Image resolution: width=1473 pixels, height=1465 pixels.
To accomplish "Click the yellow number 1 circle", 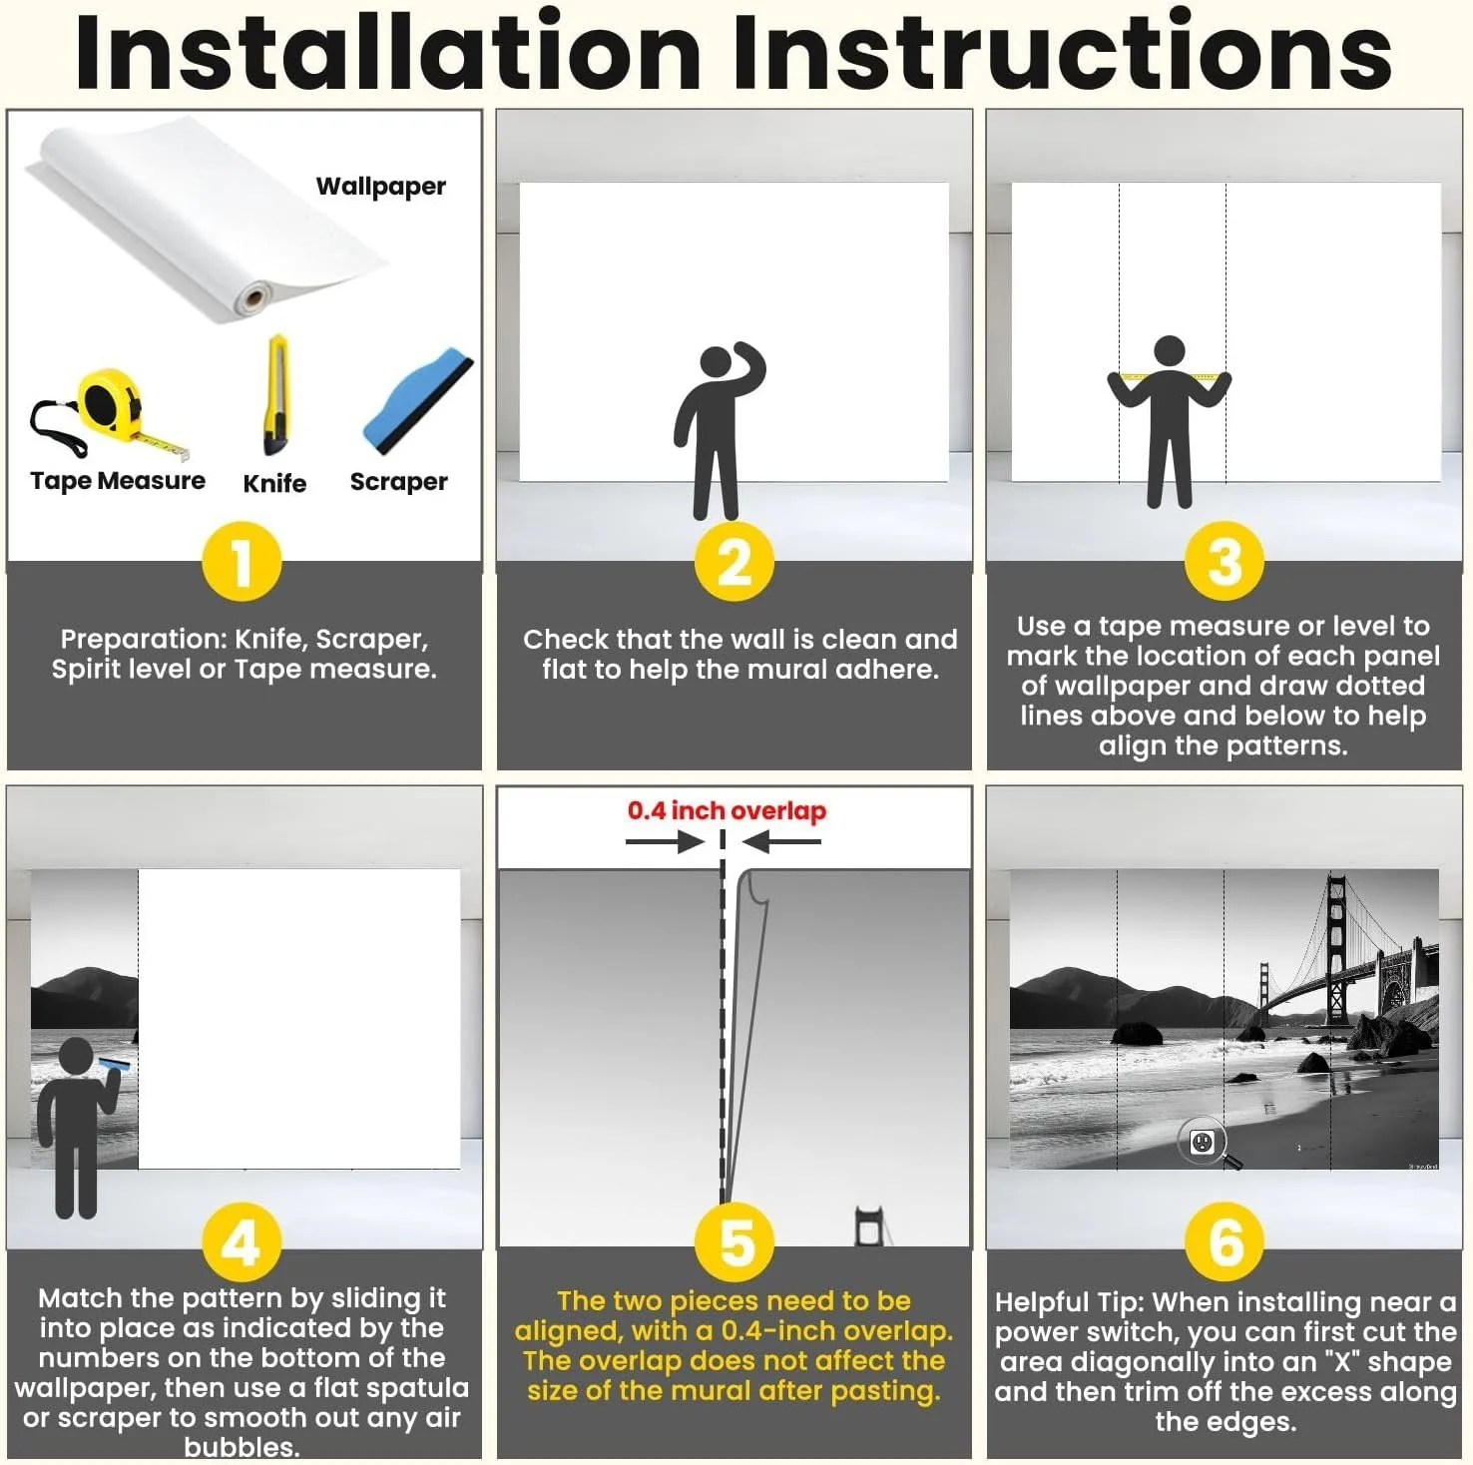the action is click(x=242, y=561).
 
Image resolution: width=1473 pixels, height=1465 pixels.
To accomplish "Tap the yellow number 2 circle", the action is click(x=735, y=561).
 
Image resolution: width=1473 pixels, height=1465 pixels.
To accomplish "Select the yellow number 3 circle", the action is click(x=1225, y=561).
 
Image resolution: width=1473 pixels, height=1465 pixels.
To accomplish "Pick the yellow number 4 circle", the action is click(x=242, y=1242).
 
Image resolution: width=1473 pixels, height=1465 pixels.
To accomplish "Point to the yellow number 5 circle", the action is click(x=736, y=1242).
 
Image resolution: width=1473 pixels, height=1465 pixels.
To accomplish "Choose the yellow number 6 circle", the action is click(x=1225, y=1242).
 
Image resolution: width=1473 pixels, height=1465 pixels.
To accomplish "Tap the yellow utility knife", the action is click(x=276, y=395).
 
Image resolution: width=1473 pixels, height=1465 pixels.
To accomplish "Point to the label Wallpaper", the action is click(x=381, y=187).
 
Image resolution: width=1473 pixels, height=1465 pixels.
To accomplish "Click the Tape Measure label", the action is click(x=118, y=481).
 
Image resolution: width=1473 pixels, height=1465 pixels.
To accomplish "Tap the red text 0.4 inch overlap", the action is click(x=727, y=810).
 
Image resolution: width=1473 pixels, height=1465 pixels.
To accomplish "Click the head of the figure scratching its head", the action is click(x=718, y=364).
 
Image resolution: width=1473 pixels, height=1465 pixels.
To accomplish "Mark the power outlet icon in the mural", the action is click(x=1203, y=1141).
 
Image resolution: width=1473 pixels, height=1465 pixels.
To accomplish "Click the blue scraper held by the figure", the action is click(x=114, y=1065).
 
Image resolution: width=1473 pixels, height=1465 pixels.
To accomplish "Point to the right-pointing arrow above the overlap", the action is click(x=666, y=842).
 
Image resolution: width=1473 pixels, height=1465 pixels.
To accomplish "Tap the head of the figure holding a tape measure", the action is click(x=1169, y=352).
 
